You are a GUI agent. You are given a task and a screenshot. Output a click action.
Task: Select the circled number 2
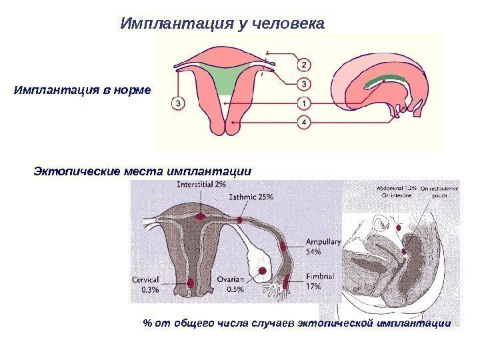click(x=303, y=65)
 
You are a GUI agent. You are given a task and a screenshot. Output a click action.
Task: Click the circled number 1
click(x=303, y=103)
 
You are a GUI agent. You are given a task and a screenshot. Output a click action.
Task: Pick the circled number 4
click(x=303, y=123)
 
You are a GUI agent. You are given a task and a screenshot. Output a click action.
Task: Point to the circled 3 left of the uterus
click(x=178, y=103)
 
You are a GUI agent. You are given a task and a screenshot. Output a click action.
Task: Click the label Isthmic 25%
click(x=251, y=197)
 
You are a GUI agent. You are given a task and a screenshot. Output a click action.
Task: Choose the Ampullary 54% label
click(x=323, y=247)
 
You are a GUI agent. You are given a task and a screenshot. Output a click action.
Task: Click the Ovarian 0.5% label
click(x=230, y=285)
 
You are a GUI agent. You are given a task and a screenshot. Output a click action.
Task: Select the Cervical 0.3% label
click(x=145, y=285)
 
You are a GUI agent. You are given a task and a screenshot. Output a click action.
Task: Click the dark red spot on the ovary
click(x=263, y=270)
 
